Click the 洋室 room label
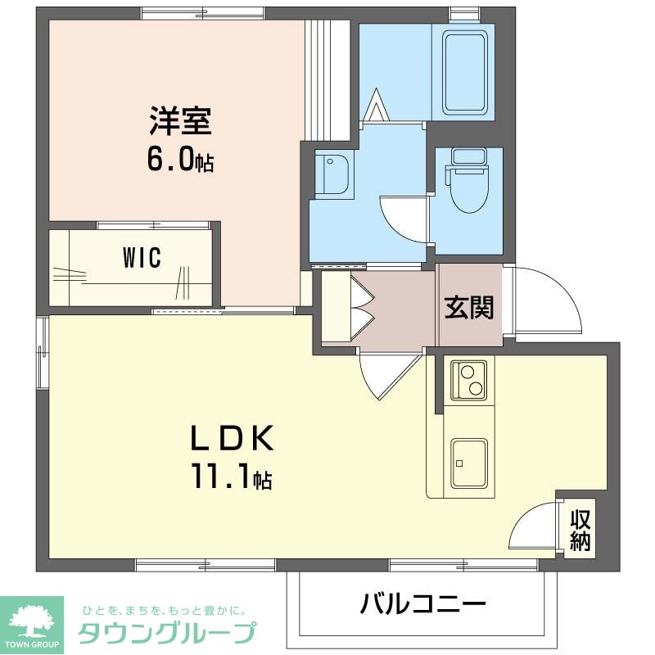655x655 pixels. (x=180, y=120)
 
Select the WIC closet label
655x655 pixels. (x=142, y=257)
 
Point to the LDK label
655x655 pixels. (x=232, y=437)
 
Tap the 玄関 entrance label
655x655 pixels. (x=469, y=308)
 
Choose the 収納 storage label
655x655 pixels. (x=580, y=530)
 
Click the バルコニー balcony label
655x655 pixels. (x=422, y=603)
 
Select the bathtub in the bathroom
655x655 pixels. (x=465, y=73)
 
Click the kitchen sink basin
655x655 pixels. (x=468, y=463)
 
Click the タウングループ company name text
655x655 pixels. (x=167, y=633)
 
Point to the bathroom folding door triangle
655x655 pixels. (x=377, y=105)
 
